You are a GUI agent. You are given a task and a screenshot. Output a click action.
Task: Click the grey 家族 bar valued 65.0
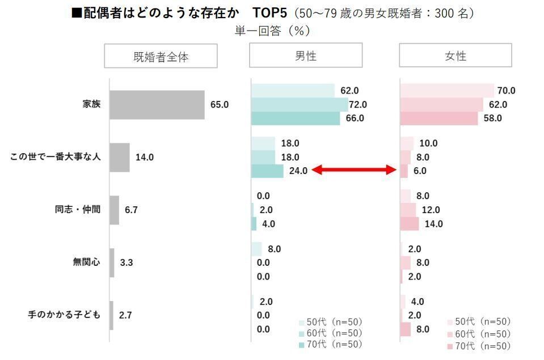click(x=157, y=105)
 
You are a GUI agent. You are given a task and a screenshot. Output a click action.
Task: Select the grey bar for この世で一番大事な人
click(x=120, y=157)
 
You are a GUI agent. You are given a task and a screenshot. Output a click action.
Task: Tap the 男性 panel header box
click(x=306, y=56)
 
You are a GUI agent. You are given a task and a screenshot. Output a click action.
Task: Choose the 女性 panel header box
click(x=455, y=56)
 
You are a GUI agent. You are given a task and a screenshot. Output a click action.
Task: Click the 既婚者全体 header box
click(x=161, y=56)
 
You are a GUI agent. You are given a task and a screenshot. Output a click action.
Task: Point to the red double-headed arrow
click(x=354, y=170)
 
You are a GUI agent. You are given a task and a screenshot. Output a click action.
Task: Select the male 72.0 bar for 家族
click(x=300, y=104)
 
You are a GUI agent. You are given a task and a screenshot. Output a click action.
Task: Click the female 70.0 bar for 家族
click(x=447, y=91)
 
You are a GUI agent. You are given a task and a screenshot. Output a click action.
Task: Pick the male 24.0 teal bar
click(x=267, y=171)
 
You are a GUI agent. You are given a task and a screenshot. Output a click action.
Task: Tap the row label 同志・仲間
click(x=78, y=209)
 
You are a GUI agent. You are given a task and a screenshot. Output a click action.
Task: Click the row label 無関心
click(x=86, y=262)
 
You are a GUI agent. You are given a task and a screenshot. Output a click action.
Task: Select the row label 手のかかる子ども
click(x=64, y=315)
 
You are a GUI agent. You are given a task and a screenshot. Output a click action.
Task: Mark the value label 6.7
click(x=131, y=210)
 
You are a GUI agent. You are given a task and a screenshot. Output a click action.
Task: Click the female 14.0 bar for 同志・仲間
click(x=410, y=223)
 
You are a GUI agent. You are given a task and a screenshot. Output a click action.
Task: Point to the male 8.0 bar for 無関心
click(x=256, y=249)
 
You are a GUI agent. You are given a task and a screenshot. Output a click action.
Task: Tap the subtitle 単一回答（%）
click(x=272, y=31)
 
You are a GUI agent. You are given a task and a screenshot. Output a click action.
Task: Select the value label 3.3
click(x=126, y=262)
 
